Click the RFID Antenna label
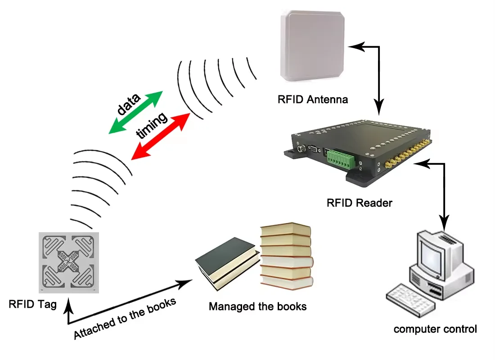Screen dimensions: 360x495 coord(313,99)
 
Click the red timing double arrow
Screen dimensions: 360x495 coord(160,136)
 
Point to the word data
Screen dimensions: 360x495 coord(128,103)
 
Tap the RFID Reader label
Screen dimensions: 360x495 coord(359,203)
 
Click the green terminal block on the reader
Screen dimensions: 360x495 coord(341,158)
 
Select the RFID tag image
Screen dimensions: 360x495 coord(68,262)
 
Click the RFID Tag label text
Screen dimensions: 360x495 coord(32,305)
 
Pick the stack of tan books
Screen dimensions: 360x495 coord(286,256)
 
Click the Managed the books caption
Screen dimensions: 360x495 coord(257,307)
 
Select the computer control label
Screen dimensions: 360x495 coord(435,329)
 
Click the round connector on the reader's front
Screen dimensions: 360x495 coord(300,149)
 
